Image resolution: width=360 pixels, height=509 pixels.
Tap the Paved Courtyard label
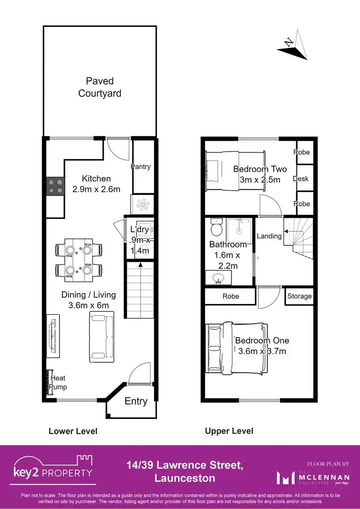point(100,87)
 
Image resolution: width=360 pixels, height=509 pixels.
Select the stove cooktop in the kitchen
point(55,186)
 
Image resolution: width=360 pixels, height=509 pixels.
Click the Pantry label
point(141,167)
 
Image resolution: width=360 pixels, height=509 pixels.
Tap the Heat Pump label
point(59,382)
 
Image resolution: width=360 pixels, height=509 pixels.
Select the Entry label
point(136,401)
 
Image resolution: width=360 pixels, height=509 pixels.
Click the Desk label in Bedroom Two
point(300,179)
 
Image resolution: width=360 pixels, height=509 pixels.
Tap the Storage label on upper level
point(300,296)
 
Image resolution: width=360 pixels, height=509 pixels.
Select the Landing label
point(269,236)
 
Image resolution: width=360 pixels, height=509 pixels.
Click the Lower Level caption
point(73,431)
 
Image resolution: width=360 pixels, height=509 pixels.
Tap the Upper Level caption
point(229,431)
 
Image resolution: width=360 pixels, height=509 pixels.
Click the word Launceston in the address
point(185,478)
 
